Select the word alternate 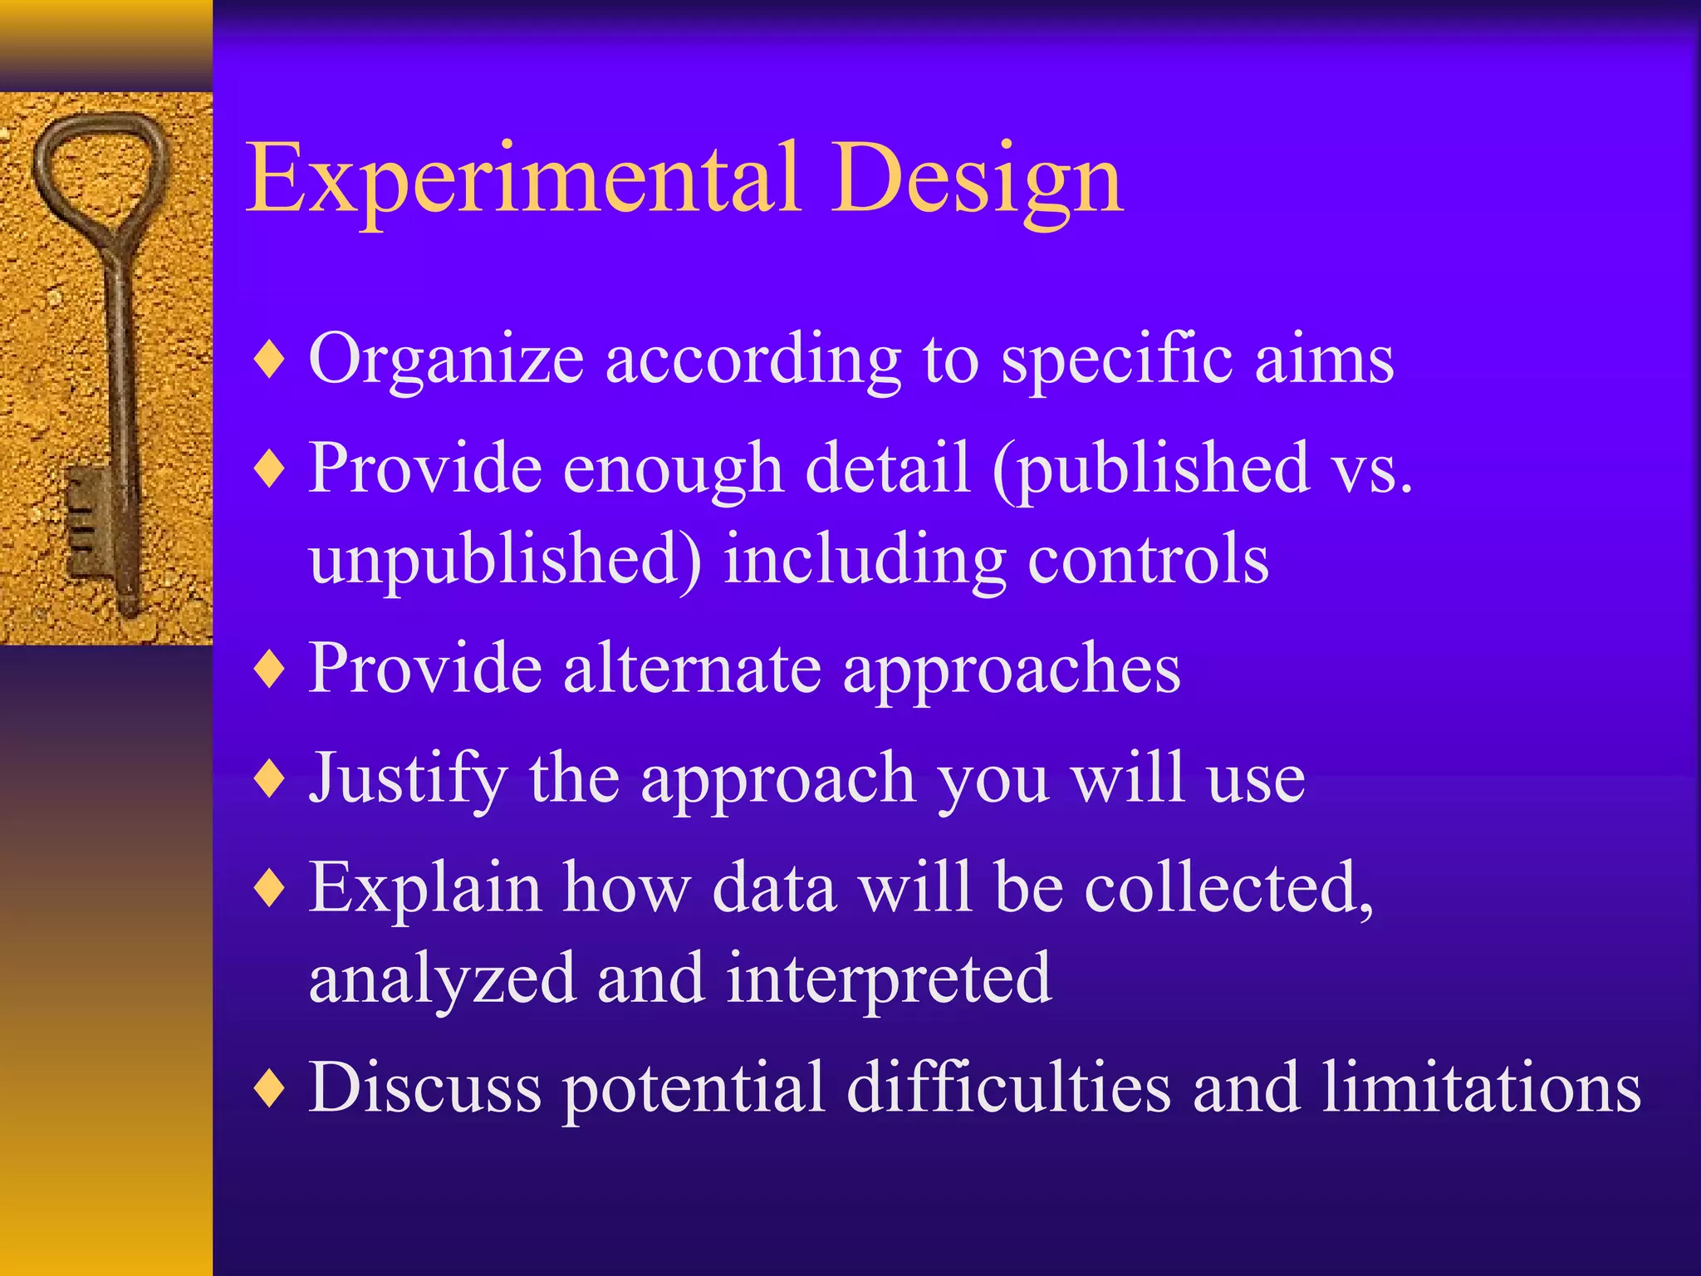click(x=693, y=668)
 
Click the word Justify click(x=407, y=778)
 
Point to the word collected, click(x=1229, y=888)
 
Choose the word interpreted click(x=889, y=979)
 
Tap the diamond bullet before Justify click(x=270, y=779)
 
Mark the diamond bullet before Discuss click(x=270, y=1088)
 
